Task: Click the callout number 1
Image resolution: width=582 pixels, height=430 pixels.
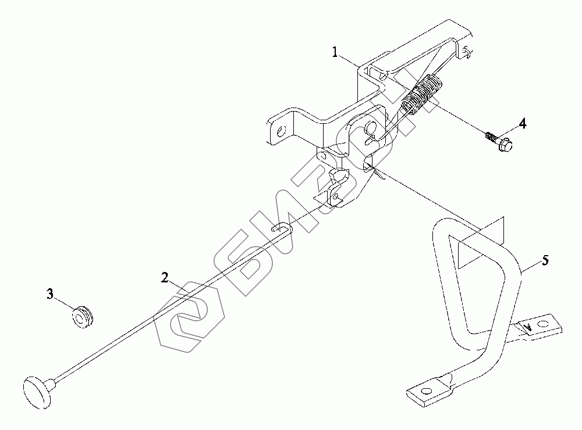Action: [x=335, y=52]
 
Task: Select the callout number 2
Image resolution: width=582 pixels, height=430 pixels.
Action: [x=165, y=277]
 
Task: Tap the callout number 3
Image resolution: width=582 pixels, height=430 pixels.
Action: [x=51, y=295]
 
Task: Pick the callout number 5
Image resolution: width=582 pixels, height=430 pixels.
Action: [x=544, y=260]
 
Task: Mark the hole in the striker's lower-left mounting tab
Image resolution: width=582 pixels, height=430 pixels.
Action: [x=427, y=390]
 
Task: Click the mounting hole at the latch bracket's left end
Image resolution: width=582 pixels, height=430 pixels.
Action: [x=281, y=131]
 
